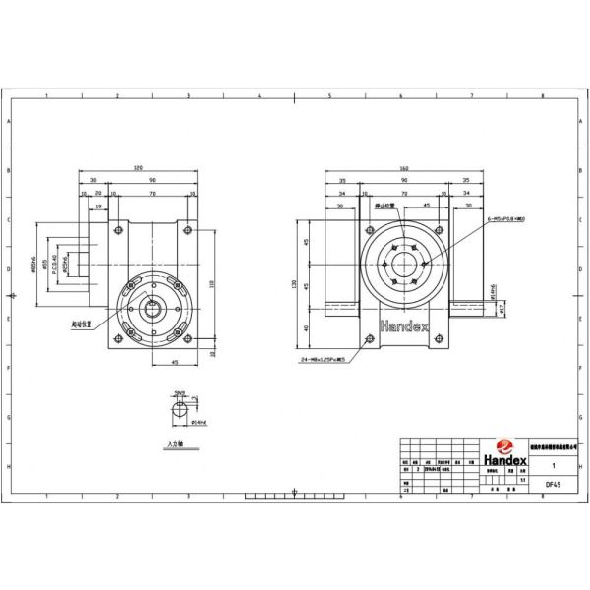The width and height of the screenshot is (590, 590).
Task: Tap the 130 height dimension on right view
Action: [294, 285]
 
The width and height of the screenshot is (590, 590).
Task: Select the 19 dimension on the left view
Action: [99, 207]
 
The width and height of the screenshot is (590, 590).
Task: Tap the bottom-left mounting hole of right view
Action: [370, 340]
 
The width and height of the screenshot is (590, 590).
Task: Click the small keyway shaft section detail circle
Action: [178, 413]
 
